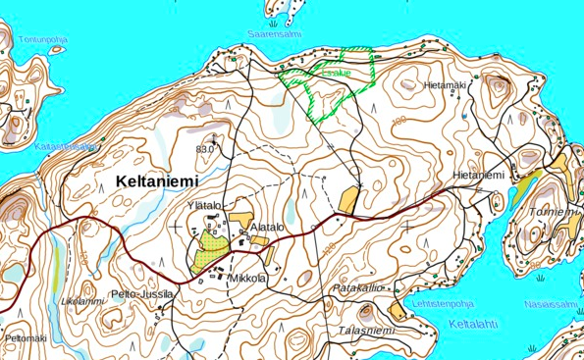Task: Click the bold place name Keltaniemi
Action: click(x=156, y=181)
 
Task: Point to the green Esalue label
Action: click(x=336, y=72)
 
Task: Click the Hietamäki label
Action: click(x=446, y=85)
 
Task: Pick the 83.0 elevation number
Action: click(x=204, y=149)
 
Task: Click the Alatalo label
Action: click(x=267, y=227)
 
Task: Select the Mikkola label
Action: click(x=247, y=279)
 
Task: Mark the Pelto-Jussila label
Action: click(x=142, y=293)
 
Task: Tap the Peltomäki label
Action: click(x=26, y=338)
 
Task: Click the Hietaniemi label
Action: click(x=478, y=175)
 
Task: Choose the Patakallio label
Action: click(x=355, y=288)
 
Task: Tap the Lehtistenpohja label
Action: click(x=446, y=304)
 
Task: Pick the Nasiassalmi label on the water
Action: click(x=552, y=305)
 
